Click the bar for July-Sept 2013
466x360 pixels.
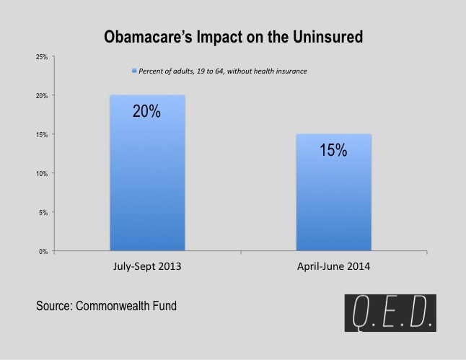[x=147, y=180]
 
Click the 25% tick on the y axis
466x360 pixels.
[x=42, y=56]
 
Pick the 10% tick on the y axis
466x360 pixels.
[x=42, y=173]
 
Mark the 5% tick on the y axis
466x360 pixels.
[x=43, y=212]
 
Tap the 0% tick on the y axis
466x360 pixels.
[x=43, y=251]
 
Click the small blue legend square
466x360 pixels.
[x=133, y=71]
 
